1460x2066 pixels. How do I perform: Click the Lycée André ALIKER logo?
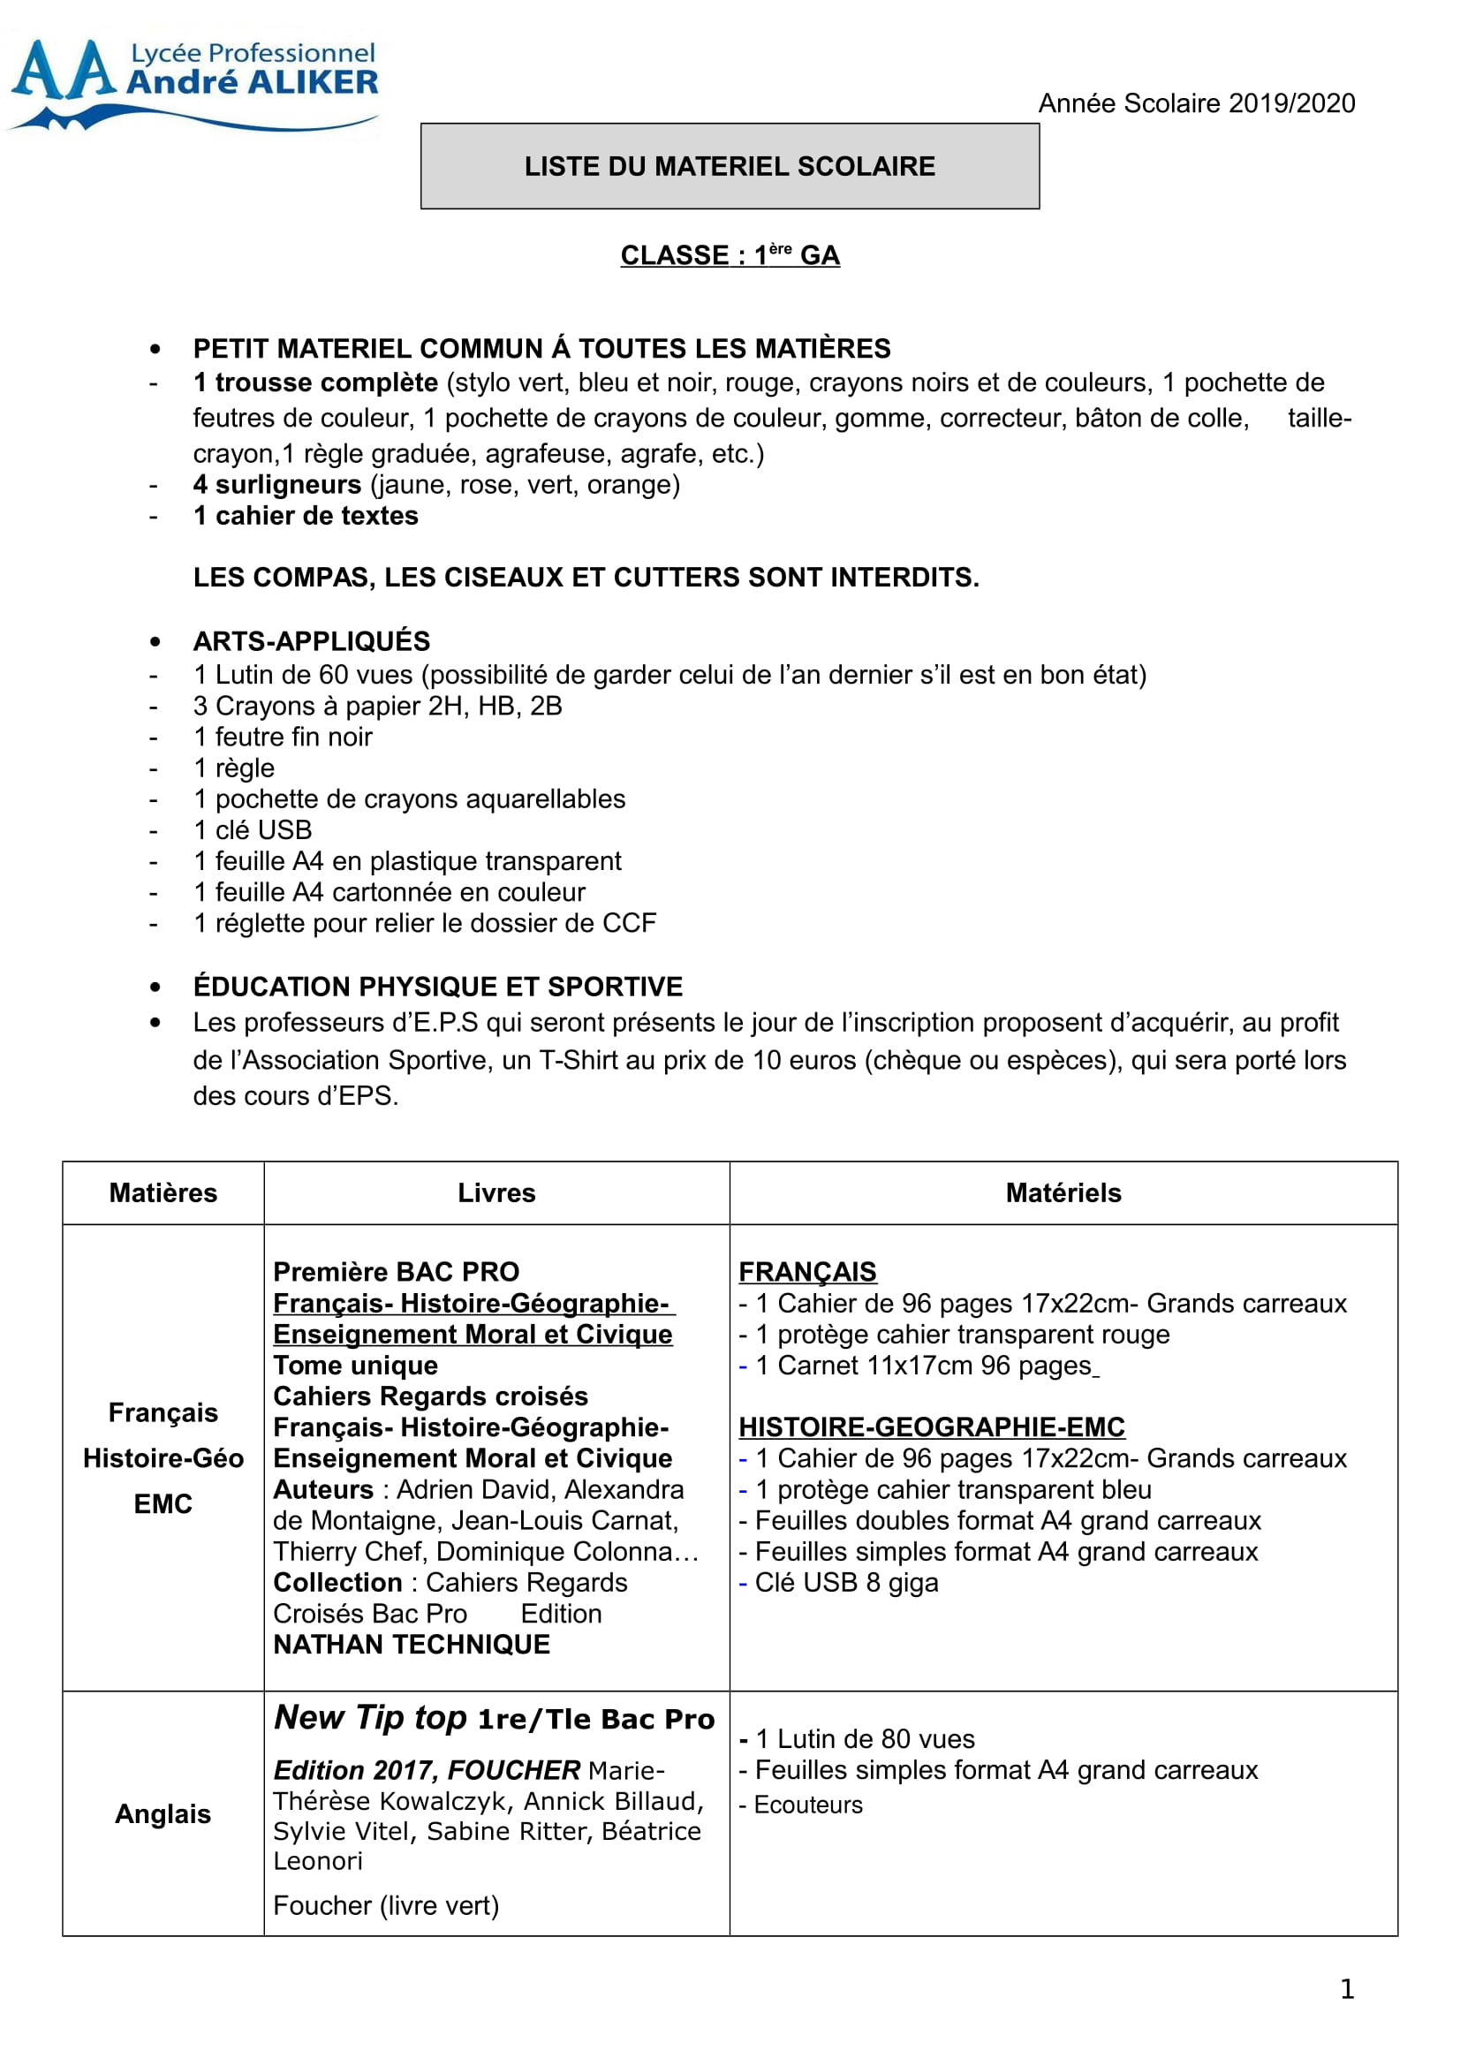tap(193, 84)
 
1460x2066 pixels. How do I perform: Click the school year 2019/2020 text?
tap(1196, 103)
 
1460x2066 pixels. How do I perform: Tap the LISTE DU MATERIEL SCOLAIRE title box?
tap(730, 166)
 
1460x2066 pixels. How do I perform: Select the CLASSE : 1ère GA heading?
tap(730, 255)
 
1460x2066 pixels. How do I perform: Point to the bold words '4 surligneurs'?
tap(277, 485)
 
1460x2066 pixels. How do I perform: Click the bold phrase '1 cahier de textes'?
tap(306, 517)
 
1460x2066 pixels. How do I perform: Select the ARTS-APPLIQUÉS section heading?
tap(311, 641)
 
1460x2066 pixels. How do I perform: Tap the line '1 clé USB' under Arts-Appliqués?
tap(253, 829)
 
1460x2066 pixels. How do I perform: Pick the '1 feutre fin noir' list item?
tap(283, 737)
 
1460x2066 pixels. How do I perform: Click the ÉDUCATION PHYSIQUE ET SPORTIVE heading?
tap(438, 988)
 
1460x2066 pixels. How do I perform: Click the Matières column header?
tap(163, 1193)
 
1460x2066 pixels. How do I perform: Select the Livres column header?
tap(496, 1193)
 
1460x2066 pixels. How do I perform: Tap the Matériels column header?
tap(1063, 1193)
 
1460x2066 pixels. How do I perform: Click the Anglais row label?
tap(163, 1814)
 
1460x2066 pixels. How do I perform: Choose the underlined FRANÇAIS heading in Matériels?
tap(807, 1271)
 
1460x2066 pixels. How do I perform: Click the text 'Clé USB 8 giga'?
tap(845, 1583)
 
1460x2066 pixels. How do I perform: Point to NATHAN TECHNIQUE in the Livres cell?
tap(411, 1645)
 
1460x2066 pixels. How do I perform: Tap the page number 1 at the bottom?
tap(1347, 1988)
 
